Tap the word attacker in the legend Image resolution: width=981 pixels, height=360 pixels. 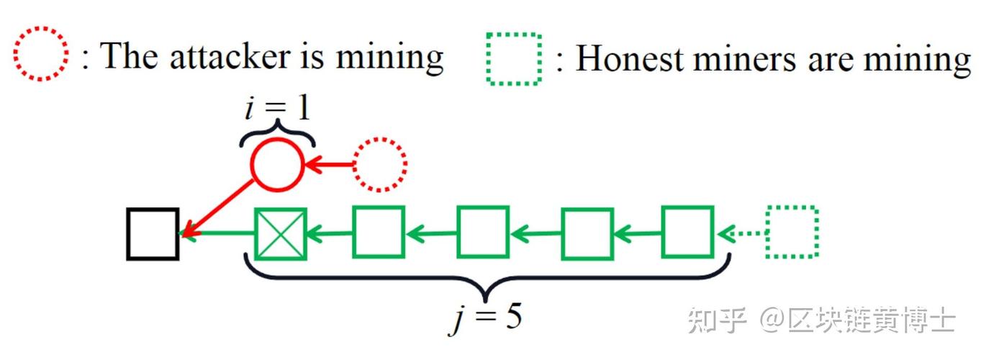point(230,56)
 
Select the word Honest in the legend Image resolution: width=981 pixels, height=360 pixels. point(629,58)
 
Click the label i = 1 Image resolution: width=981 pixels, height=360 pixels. point(277,108)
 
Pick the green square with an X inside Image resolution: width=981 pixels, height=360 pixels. point(281,234)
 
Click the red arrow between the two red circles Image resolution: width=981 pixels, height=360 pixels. point(330,165)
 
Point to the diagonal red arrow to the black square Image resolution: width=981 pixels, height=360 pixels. point(217,208)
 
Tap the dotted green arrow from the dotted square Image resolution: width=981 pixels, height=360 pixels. point(742,233)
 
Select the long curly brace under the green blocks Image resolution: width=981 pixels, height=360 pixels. point(486,279)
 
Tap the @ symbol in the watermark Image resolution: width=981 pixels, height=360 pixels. point(772,320)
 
